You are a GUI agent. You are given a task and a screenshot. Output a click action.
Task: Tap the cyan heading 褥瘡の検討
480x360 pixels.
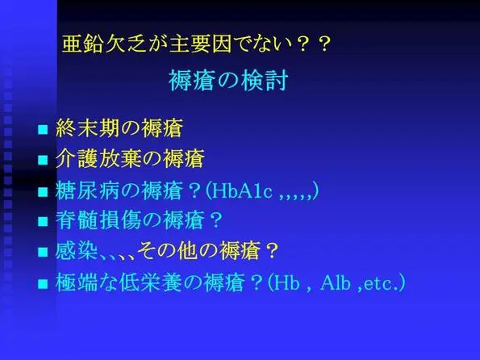pyautogui.click(x=228, y=81)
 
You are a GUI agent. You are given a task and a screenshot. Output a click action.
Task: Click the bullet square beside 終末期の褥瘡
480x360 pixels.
pyautogui.click(x=43, y=129)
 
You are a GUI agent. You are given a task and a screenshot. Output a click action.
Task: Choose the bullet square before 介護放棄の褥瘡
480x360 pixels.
pyautogui.click(x=43, y=160)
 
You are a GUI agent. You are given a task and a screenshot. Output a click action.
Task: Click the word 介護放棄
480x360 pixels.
pyautogui.click(x=98, y=158)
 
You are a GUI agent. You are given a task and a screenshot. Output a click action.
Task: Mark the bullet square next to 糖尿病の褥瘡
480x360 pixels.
pyautogui.click(x=43, y=192)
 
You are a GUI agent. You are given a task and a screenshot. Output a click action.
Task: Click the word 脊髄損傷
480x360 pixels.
pyautogui.click(x=98, y=220)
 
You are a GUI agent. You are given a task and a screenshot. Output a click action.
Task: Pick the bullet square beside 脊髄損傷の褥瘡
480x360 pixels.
pyautogui.click(x=43, y=221)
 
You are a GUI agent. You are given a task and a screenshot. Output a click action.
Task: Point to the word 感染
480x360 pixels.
pyautogui.click(x=77, y=250)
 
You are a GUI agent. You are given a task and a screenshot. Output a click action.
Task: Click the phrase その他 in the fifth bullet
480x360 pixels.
pyautogui.click(x=167, y=250)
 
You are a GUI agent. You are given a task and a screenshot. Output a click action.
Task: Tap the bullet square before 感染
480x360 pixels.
pyautogui.click(x=43, y=252)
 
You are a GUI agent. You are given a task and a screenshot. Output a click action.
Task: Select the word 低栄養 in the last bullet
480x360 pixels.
pyautogui.click(x=151, y=283)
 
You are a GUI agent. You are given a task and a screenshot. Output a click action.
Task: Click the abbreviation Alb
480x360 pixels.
pyautogui.click(x=336, y=283)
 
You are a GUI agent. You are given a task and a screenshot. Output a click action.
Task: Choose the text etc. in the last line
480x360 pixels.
pyautogui.click(x=382, y=284)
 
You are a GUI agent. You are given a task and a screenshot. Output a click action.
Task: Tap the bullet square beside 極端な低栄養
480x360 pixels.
pyautogui.click(x=43, y=283)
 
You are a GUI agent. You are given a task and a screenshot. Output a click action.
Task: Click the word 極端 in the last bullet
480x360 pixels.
pyautogui.click(x=77, y=283)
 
